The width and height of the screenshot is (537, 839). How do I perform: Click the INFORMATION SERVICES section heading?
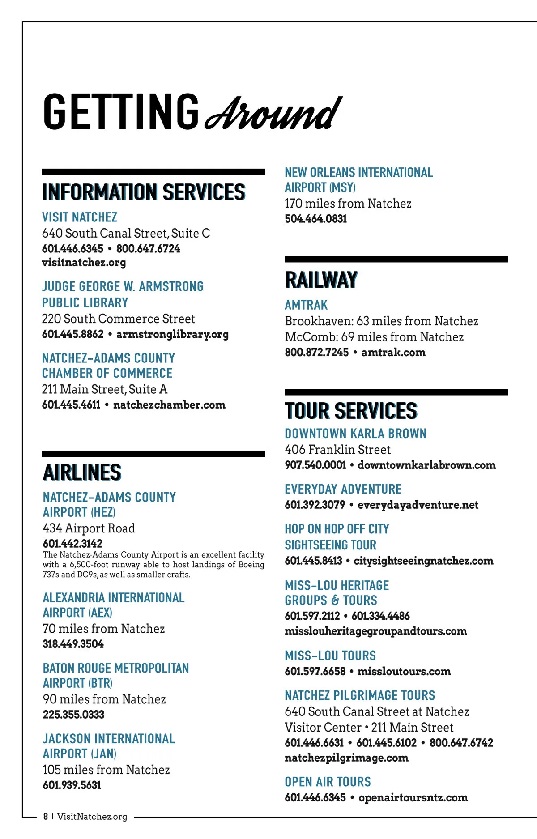tap(144, 192)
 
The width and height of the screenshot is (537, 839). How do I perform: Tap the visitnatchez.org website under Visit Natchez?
tap(84, 263)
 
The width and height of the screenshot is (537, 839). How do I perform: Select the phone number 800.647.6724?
tap(148, 249)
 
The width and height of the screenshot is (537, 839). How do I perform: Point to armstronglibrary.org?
tap(172, 334)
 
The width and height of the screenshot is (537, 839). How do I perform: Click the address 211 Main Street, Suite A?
tap(105, 389)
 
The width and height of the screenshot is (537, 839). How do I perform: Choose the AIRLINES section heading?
tap(82, 473)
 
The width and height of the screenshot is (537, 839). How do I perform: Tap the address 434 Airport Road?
tap(89, 528)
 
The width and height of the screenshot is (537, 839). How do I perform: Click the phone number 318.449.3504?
tap(73, 644)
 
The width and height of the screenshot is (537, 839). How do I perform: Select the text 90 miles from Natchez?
tap(104, 699)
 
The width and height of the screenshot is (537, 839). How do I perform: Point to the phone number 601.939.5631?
tap(72, 785)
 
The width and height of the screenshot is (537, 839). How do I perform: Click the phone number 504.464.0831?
tap(316, 219)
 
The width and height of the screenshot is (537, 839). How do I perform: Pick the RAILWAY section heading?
tap(321, 280)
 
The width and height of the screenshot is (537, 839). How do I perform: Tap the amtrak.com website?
tap(393, 353)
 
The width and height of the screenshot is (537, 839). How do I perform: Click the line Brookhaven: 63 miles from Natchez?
tap(381, 321)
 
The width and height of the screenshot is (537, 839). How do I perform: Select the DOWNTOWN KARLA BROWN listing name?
tap(356, 434)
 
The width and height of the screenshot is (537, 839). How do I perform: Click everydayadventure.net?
tap(418, 505)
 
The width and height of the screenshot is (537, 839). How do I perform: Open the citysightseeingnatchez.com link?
tap(423, 561)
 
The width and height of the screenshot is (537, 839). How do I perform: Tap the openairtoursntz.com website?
tap(413, 797)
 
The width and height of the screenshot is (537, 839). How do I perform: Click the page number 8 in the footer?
tap(46, 817)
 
